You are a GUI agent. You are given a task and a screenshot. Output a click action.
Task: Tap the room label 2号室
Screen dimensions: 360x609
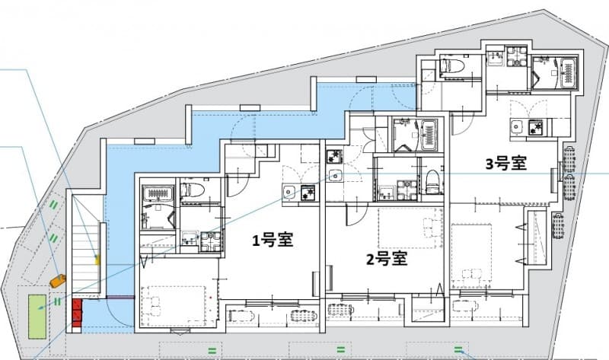point(387,259)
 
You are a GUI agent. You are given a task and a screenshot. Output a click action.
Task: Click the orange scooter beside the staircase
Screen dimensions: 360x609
point(58,281)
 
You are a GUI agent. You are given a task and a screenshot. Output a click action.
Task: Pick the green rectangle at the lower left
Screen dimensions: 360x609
point(36,316)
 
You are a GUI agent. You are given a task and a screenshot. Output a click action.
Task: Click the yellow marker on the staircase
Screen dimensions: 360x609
point(97,260)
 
